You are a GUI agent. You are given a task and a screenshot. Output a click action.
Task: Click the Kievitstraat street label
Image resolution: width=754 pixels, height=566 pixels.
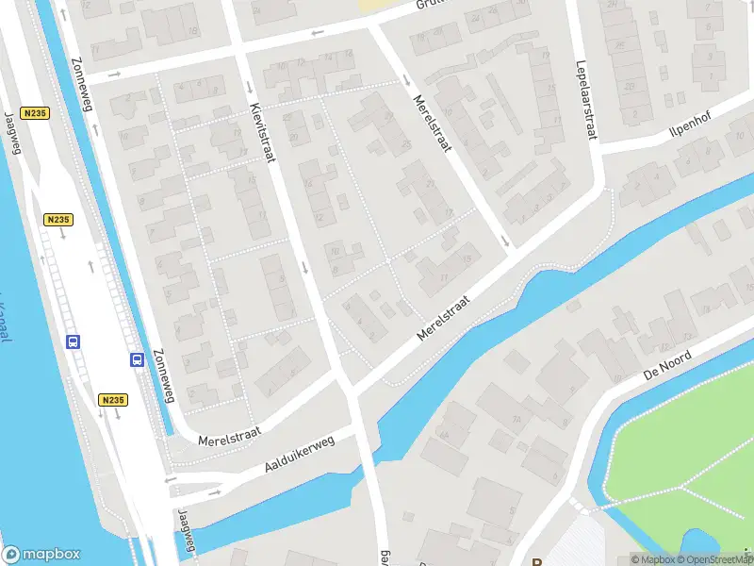coord(262,132)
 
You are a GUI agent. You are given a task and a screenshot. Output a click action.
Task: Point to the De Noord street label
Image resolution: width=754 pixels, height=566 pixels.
coord(667,364)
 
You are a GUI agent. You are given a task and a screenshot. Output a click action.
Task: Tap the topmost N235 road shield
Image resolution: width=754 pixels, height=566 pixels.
coord(36,113)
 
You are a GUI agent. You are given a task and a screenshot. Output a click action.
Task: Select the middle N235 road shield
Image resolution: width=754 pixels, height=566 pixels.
coord(57,219)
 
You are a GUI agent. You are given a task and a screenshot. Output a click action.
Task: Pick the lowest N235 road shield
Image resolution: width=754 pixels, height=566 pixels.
coord(112,400)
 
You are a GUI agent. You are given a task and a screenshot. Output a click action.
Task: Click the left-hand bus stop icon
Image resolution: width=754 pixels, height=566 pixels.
coord(73,341)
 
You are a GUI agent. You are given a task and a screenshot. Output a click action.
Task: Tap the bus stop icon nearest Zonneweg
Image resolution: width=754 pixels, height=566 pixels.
coord(137,359)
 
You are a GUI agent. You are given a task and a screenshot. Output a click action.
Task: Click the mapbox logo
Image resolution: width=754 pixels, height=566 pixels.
coord(41,555)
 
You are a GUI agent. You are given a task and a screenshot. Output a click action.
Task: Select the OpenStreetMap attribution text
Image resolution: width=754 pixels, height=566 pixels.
coord(717,559)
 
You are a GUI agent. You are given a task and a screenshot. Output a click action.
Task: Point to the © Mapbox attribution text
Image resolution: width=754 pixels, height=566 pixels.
coord(653,559)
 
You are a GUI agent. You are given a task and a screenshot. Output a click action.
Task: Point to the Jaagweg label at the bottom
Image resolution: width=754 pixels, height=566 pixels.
coord(187,533)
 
